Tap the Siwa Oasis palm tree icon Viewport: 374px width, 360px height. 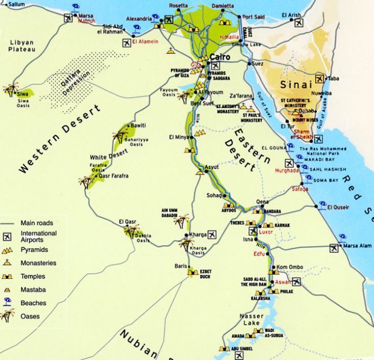11,89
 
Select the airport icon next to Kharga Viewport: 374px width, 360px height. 212,235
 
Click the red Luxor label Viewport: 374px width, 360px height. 266,231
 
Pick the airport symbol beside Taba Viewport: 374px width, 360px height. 320,78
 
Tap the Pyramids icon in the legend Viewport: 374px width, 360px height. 8,249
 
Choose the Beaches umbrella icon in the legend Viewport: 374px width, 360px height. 8,302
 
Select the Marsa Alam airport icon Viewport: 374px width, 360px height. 334,248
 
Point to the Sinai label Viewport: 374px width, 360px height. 296,84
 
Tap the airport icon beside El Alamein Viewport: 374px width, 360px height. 127,42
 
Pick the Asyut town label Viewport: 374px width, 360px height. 212,167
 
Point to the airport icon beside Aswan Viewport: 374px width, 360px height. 296,282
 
